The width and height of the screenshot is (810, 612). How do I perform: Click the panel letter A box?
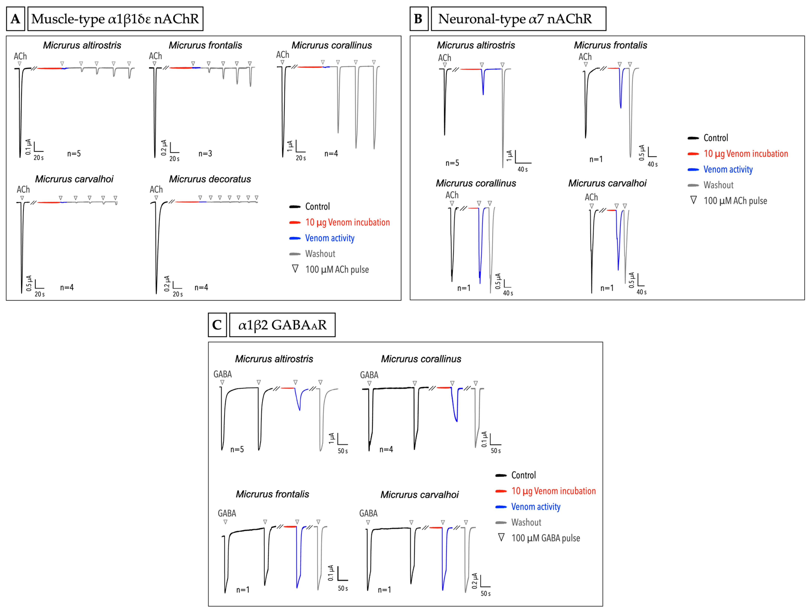click(15, 19)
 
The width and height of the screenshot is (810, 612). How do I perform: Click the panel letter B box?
click(418, 19)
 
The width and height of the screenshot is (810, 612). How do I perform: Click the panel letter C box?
click(217, 325)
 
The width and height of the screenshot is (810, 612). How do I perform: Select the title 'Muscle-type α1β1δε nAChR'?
click(115, 19)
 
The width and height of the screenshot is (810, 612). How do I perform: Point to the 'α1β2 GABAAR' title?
click(282, 325)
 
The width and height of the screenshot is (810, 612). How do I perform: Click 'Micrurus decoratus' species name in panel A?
click(210, 179)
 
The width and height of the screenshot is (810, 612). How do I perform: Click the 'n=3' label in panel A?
click(205, 153)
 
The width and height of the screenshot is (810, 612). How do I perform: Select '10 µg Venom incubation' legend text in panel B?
click(746, 154)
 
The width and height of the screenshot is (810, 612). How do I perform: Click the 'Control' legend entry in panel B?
click(716, 138)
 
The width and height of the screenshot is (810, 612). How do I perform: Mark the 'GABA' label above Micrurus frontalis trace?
click(227, 513)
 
